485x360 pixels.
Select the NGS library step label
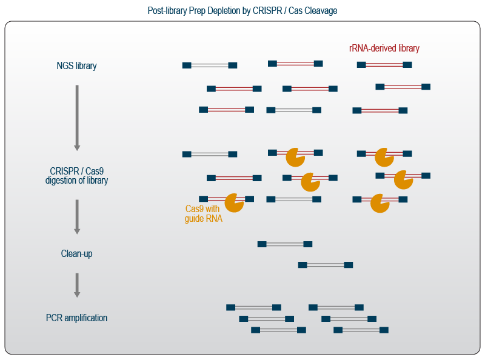click(76, 65)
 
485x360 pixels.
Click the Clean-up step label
click(76, 254)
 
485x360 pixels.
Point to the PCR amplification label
click(76, 318)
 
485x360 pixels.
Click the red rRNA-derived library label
click(384, 48)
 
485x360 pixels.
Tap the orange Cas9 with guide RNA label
click(203, 213)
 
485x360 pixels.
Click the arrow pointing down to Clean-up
click(77, 216)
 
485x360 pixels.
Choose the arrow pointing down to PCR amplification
click(77, 285)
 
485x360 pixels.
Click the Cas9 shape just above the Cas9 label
click(234, 202)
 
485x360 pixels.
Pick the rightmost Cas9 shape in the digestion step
click(403, 179)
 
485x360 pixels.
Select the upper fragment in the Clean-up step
click(284, 244)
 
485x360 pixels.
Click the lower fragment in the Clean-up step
click(326, 265)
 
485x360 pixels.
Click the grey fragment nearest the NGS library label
click(210, 65)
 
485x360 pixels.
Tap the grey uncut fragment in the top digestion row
click(210, 155)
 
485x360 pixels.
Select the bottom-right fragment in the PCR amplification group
click(361, 330)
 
